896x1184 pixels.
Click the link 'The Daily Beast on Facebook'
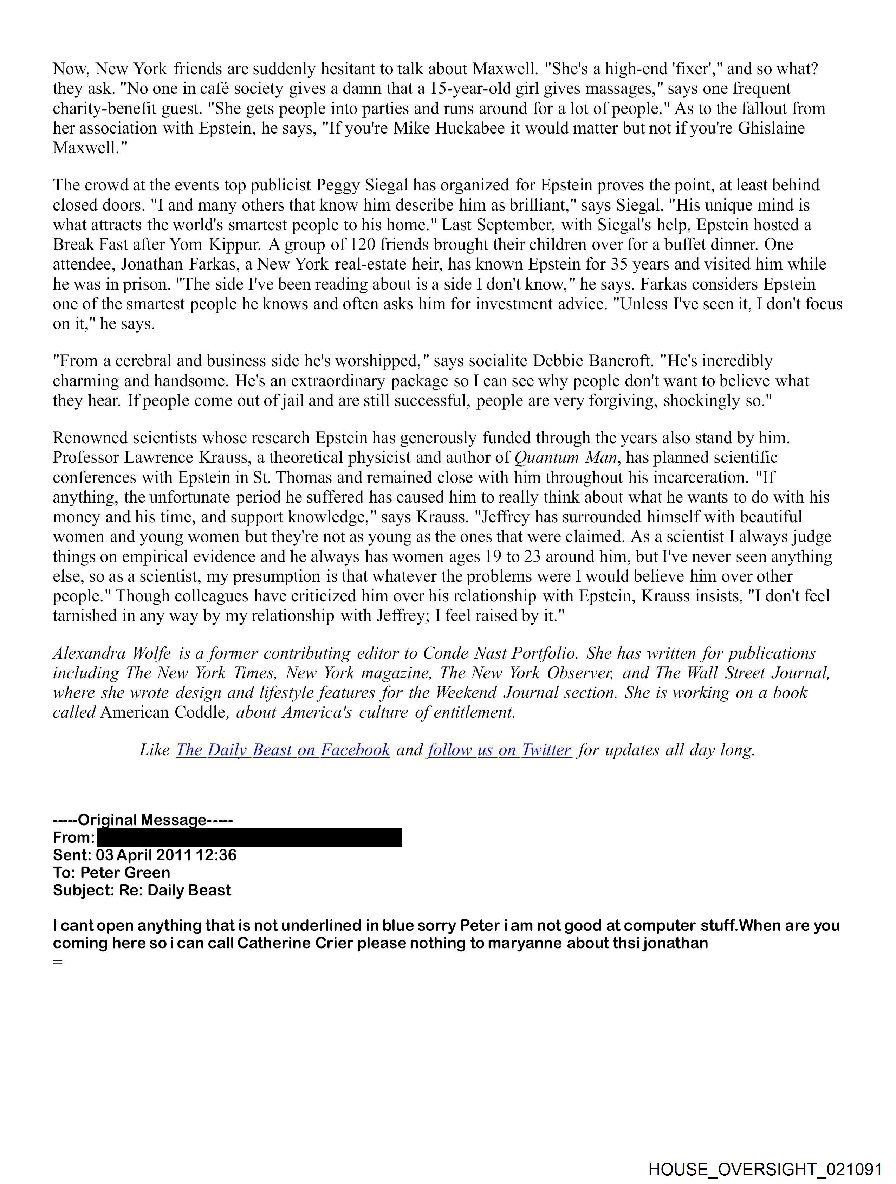point(283,750)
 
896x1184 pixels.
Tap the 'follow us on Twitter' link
point(499,750)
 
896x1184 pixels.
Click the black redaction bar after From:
point(249,837)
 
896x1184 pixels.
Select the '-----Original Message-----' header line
point(143,820)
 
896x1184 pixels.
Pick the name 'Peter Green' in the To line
point(125,873)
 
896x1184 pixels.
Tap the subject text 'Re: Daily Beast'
point(175,890)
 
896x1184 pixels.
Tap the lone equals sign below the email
point(58,962)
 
